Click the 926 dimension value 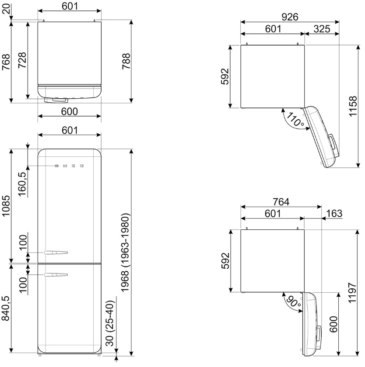[x=290, y=17]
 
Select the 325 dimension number [x=322, y=29]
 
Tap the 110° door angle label [x=295, y=119]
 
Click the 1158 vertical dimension [x=353, y=106]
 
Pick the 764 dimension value [x=281, y=201]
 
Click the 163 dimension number [x=334, y=213]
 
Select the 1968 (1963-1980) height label [x=125, y=253]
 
